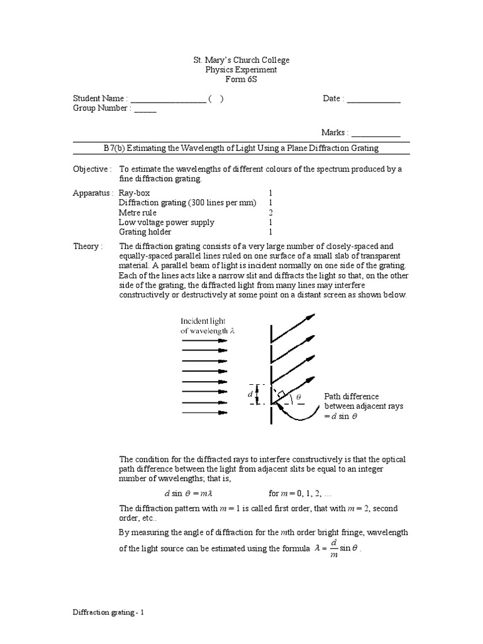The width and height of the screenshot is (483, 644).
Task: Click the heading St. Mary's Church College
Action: click(x=241, y=60)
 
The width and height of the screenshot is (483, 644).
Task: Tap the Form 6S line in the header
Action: click(x=241, y=80)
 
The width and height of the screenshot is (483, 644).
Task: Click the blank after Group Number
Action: click(x=145, y=109)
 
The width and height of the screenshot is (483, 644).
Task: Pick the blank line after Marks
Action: click(x=375, y=133)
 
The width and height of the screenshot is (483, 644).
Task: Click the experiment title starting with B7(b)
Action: click(x=241, y=148)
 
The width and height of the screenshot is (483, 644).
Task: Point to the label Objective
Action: click(x=92, y=169)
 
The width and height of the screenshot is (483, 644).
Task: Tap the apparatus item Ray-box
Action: click(x=135, y=193)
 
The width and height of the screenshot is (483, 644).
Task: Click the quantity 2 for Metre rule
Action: click(x=270, y=213)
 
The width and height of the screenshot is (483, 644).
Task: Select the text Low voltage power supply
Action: click(x=166, y=222)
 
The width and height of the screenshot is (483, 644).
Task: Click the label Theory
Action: click(x=87, y=247)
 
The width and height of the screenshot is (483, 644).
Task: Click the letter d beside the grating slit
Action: click(x=250, y=394)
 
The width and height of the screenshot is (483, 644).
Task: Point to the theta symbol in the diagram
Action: click(x=299, y=397)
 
